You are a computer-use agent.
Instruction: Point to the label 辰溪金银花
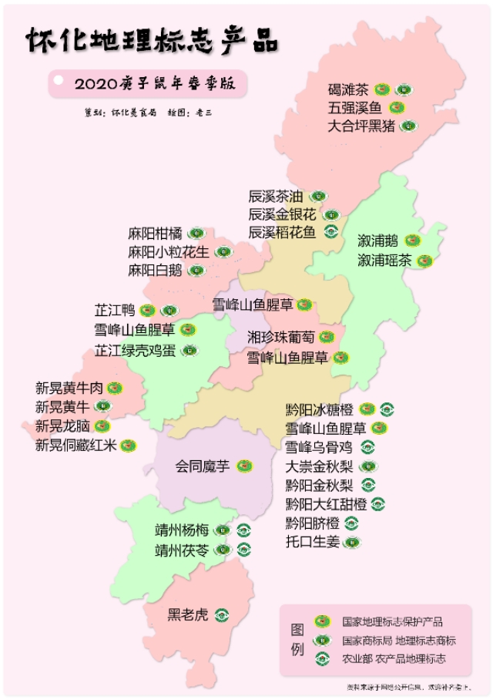[281, 214]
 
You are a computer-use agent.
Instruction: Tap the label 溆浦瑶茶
[384, 261]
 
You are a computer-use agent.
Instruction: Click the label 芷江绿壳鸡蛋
[135, 351]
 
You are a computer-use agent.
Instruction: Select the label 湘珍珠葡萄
[280, 338]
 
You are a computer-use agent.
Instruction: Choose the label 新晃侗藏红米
[74, 445]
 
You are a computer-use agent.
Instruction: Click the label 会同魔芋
[202, 466]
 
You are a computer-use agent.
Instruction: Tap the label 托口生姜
[312, 542]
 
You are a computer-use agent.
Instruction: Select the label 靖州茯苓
[181, 550]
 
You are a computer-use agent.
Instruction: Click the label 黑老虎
[188, 614]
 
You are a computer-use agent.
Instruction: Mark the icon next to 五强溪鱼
[397, 107]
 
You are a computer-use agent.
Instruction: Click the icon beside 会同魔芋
[244, 466]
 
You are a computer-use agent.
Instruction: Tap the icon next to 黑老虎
[223, 614]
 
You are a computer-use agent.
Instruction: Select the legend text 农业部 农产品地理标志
[394, 658]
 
